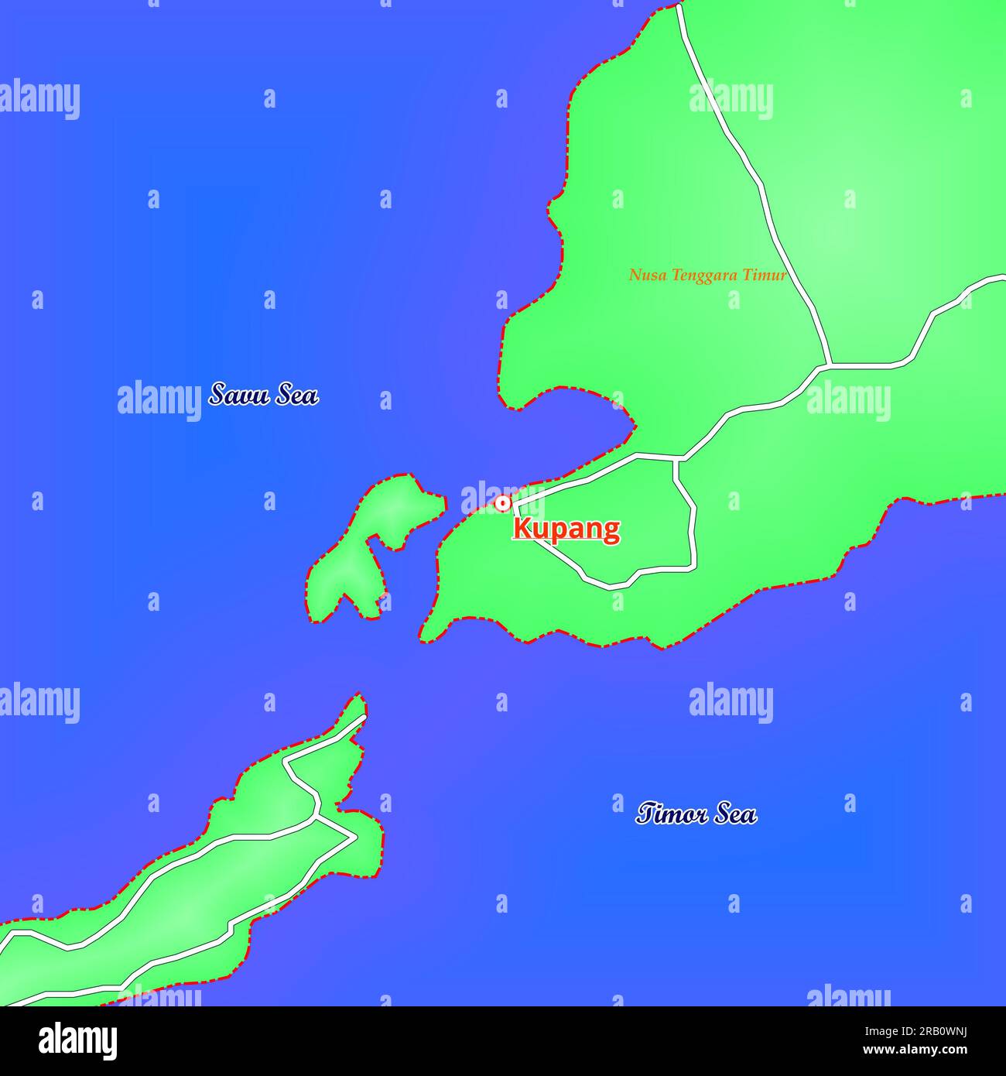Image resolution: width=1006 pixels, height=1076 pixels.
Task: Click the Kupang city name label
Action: pyautogui.click(x=566, y=529)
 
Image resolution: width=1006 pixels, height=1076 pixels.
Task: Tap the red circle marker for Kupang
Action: pyautogui.click(x=503, y=504)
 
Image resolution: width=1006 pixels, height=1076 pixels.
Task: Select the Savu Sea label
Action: pyautogui.click(x=263, y=394)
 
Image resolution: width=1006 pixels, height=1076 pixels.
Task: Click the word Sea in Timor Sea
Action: pyautogui.click(x=736, y=814)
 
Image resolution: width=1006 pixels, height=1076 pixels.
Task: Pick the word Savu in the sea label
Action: pyautogui.click(x=238, y=394)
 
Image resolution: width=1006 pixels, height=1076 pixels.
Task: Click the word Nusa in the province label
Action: pyautogui.click(x=645, y=275)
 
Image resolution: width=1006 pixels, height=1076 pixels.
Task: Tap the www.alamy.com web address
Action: pyautogui.click(x=916, y=1050)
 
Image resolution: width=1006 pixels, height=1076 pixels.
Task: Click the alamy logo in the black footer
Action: pyautogui.click(x=78, y=1040)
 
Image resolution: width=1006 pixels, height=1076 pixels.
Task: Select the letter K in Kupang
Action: pyautogui.click(x=522, y=529)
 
